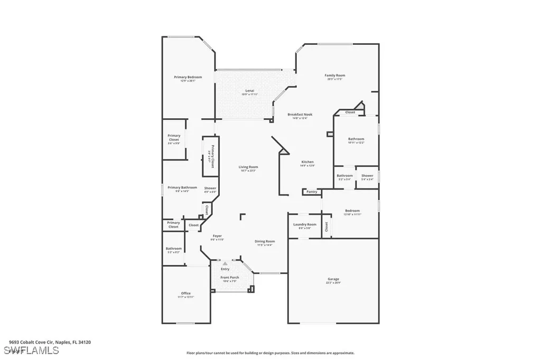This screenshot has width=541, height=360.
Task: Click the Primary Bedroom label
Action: (188, 77)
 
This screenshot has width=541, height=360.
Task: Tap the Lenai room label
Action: (249, 91)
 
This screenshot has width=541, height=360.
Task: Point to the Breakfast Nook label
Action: (300, 115)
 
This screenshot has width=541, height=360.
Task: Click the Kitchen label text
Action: (307, 162)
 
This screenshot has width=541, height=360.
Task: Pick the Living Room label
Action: (248, 167)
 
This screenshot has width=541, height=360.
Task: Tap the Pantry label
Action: (312, 192)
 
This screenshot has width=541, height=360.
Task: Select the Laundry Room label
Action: (305, 224)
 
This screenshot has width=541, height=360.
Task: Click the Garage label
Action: (333, 279)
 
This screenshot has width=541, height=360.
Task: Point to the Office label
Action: (185, 293)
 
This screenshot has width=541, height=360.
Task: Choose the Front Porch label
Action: (229, 277)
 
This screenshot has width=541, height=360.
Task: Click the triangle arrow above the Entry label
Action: (225, 263)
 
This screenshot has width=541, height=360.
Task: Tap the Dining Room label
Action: (265, 241)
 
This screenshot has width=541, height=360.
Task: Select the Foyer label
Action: (217, 235)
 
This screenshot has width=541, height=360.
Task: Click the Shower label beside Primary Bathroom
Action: (210, 188)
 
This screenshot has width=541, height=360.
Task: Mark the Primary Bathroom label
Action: (182, 187)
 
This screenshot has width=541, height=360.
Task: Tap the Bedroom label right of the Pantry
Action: (352, 211)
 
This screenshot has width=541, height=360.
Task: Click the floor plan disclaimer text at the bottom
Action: (270, 353)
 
